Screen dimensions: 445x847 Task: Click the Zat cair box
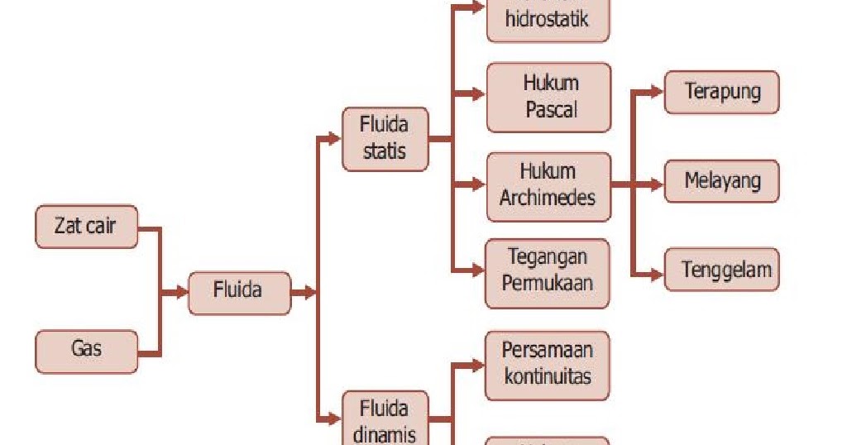point(86,227)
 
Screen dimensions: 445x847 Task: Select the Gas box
point(86,350)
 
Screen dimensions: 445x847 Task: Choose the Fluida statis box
point(385,139)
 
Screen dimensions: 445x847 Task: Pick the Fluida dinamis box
point(385,419)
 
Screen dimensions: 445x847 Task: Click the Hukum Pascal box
point(548,97)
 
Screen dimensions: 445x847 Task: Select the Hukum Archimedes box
point(548,185)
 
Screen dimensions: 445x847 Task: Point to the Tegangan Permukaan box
point(547,271)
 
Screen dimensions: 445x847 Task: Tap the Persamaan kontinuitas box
point(547,363)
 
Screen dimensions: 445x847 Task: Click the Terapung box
point(722,91)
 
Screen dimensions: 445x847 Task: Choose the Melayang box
point(722,180)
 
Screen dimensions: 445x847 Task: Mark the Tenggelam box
point(722,270)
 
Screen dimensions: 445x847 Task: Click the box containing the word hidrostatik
point(547,19)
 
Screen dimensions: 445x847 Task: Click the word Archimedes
point(547,199)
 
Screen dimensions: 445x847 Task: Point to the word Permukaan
point(547,282)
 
